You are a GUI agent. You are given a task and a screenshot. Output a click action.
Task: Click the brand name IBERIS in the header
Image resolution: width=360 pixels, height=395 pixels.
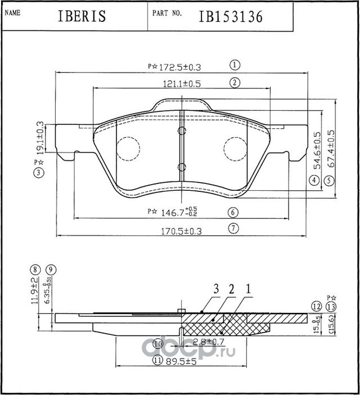click(82, 16)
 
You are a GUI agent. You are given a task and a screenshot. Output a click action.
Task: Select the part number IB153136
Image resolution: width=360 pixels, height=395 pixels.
click(231, 16)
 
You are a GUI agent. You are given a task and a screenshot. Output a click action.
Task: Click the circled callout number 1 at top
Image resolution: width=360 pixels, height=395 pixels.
click(235, 65)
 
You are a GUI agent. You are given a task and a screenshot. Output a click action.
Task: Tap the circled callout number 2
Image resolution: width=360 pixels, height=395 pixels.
click(235, 83)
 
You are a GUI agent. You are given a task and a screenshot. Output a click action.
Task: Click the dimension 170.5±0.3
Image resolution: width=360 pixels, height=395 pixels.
click(181, 230)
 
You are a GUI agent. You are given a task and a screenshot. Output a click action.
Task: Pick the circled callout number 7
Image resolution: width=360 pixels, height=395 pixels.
click(235, 228)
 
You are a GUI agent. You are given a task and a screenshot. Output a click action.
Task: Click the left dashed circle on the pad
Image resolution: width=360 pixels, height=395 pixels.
click(128, 149)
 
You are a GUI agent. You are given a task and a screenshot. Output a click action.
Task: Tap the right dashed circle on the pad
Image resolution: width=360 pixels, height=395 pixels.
click(235, 149)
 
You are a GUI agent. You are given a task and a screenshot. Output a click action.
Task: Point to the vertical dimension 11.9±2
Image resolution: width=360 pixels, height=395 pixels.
click(35, 290)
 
